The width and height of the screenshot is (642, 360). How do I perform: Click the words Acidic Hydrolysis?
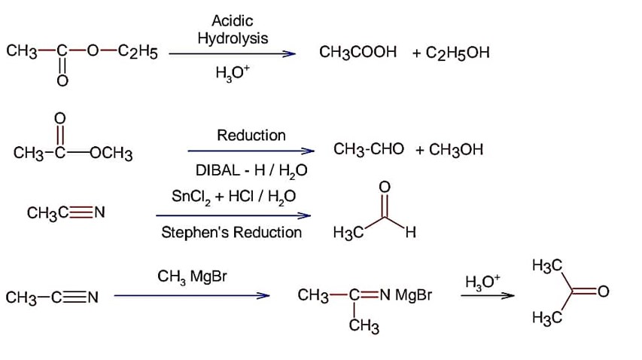232,29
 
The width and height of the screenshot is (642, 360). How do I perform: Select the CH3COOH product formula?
358,53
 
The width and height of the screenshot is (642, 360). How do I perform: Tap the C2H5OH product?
458,53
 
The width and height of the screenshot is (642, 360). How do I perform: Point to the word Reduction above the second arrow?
251,136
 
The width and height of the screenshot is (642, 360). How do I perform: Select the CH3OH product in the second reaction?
455,150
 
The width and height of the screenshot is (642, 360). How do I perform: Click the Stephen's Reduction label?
232,233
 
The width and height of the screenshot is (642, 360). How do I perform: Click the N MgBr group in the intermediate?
406,296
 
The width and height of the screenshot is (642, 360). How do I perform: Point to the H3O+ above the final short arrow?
482,282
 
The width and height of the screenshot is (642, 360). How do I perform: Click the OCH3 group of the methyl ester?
112,155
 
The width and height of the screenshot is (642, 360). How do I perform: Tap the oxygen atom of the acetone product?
603,291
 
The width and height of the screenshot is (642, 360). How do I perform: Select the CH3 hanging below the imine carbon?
364,328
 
